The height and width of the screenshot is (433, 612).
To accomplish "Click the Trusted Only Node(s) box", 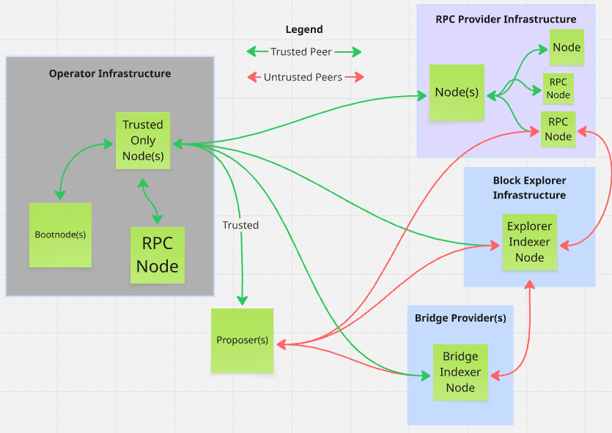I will (143, 141).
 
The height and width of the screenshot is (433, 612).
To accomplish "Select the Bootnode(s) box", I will (60, 235).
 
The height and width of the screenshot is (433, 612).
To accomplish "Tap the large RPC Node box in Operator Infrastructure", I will (158, 255).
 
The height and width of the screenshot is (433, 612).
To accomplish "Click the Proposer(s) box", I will (242, 341).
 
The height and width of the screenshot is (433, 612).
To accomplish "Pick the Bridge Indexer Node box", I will (460, 372).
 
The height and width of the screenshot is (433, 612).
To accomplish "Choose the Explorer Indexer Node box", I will (529, 242).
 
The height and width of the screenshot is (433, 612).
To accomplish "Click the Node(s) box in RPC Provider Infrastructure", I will (457, 92).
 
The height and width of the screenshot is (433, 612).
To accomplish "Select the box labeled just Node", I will (567, 48).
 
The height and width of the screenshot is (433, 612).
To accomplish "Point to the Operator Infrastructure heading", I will (110, 73).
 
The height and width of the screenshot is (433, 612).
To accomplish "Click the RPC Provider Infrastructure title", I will (506, 19).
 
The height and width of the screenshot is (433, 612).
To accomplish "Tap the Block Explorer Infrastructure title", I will (529, 188).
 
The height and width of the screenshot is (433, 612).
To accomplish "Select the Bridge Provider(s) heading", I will (460, 318).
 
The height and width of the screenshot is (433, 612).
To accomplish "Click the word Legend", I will (304, 30).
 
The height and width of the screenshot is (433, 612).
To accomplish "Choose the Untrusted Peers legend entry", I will (303, 77).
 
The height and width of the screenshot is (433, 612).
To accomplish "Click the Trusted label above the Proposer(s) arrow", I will (240, 225).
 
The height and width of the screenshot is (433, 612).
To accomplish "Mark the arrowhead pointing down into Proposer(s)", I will (242, 300).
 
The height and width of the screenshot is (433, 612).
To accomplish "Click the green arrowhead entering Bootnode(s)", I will (60, 195).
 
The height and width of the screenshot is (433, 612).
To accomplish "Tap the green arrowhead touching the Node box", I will (543, 48).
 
